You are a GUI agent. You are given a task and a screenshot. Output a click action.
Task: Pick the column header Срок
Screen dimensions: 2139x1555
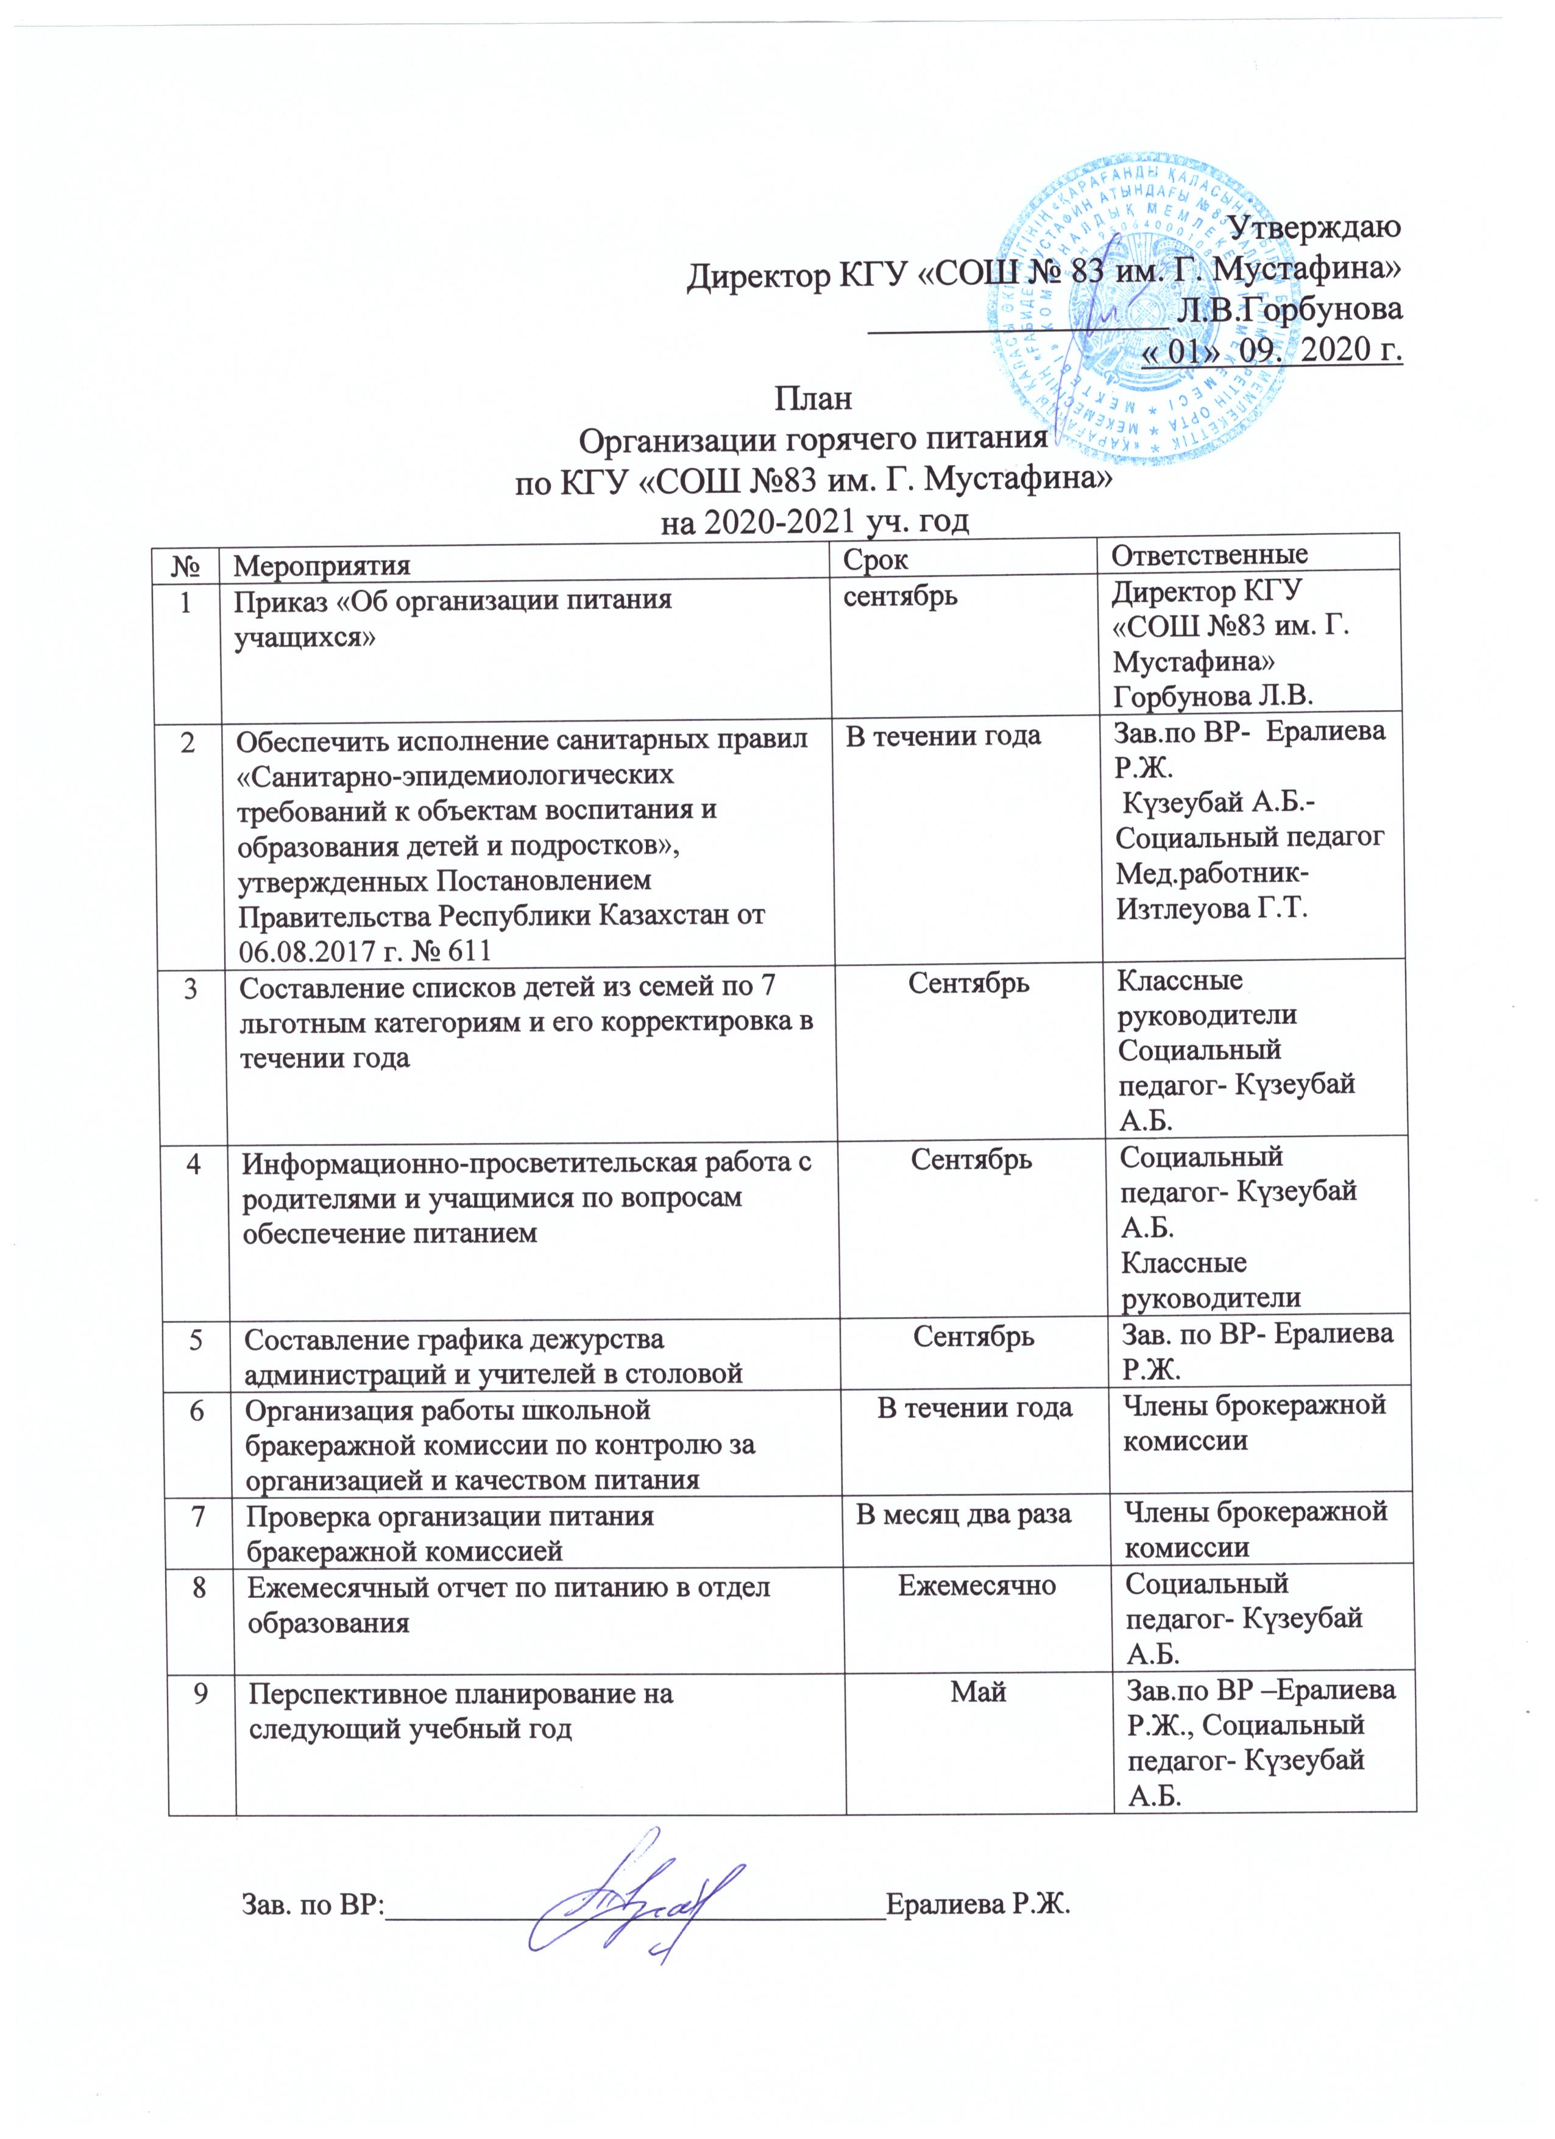pos(876,559)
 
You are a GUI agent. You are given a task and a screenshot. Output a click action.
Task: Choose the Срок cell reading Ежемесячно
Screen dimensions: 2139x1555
pos(976,1586)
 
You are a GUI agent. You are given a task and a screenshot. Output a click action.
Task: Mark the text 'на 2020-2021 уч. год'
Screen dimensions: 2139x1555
pos(816,520)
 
